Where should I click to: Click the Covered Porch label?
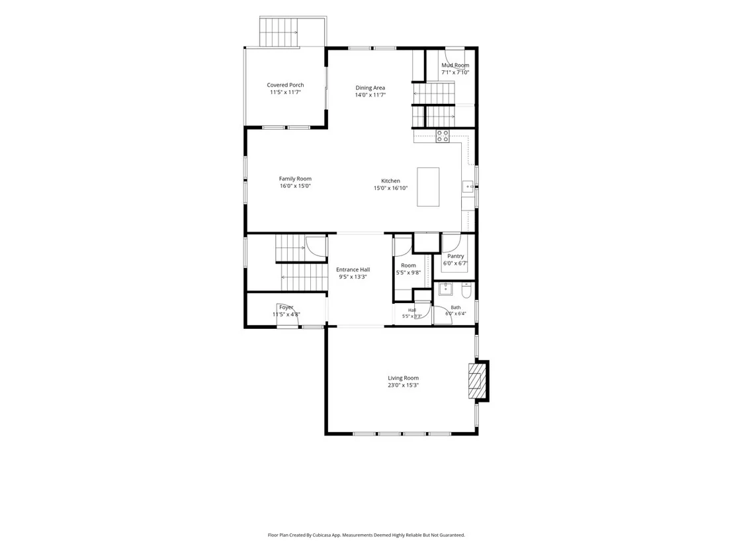(x=285, y=85)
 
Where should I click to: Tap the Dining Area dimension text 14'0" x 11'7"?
(x=370, y=95)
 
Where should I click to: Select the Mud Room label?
(x=455, y=66)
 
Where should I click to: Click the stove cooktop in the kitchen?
(x=443, y=136)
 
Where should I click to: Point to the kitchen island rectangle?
(x=428, y=187)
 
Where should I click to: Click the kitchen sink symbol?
(x=468, y=187)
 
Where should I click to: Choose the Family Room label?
(x=295, y=179)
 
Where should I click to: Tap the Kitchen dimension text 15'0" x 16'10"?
(x=390, y=189)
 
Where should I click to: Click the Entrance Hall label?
(x=353, y=269)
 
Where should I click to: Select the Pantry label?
(x=455, y=256)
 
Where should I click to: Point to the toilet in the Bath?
(x=466, y=291)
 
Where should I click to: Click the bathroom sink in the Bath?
(x=445, y=289)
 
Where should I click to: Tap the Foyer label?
(x=286, y=307)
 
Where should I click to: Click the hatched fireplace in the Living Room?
(x=476, y=381)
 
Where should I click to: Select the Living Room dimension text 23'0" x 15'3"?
(x=403, y=385)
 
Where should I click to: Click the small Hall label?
(x=412, y=310)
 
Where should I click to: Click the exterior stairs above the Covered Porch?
(x=279, y=32)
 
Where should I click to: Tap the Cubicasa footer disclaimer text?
(x=366, y=535)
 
